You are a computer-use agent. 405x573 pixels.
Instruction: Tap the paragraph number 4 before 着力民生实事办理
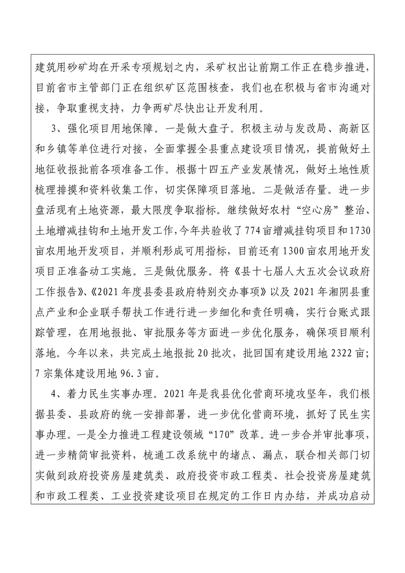[x=48, y=393]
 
